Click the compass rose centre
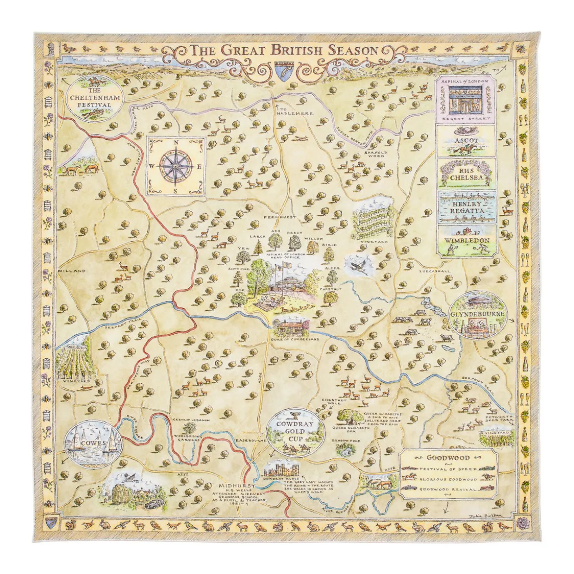[x=175, y=166]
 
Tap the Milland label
[x=72, y=271]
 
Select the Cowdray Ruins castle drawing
[x=282, y=469]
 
